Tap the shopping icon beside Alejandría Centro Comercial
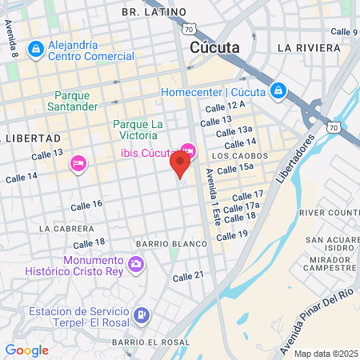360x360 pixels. (x=36, y=50)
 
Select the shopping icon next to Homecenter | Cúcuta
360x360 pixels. (x=277, y=90)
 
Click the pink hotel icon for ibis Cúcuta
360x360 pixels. (x=188, y=150)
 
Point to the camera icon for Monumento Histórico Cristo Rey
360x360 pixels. (x=136, y=263)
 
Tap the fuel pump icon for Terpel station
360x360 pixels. (x=142, y=315)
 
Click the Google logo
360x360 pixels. (x=26, y=350)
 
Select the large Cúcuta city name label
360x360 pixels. (x=215, y=47)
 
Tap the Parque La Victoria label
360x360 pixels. (x=138, y=130)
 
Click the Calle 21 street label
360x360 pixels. (x=189, y=277)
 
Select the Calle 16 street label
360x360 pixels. (x=86, y=205)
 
